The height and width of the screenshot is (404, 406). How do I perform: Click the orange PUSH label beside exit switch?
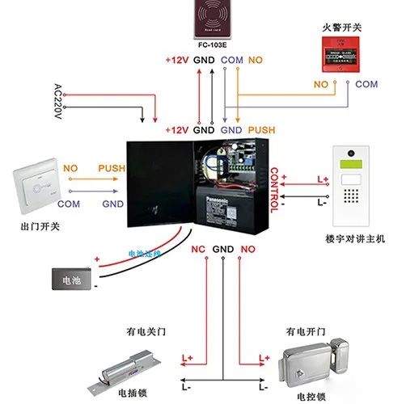tap(112, 168)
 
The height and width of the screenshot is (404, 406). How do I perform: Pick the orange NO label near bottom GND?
tap(247, 248)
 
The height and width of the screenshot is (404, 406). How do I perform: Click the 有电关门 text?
tap(142, 331)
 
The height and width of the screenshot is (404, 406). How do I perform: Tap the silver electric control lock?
tap(315, 364)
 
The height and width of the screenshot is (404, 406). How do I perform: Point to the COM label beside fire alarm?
tap(366, 84)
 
